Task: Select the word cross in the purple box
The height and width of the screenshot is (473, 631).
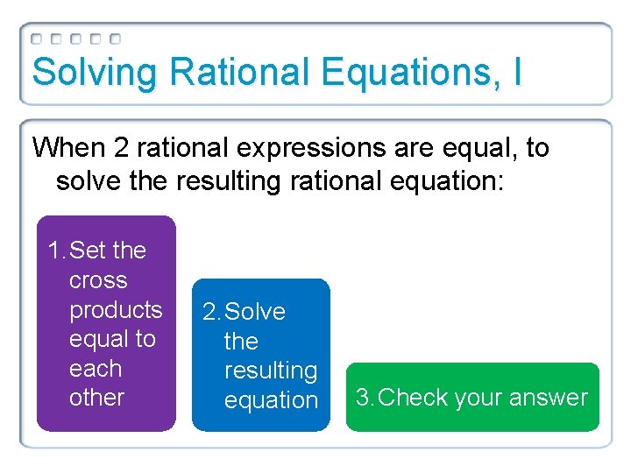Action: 98,280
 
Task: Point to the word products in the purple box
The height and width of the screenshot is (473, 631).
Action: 116,310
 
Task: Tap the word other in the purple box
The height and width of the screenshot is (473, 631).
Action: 96,398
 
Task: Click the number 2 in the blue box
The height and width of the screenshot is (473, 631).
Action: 209,312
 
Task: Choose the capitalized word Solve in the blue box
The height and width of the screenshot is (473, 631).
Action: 255,312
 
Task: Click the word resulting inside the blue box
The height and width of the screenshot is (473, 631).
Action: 271,371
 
